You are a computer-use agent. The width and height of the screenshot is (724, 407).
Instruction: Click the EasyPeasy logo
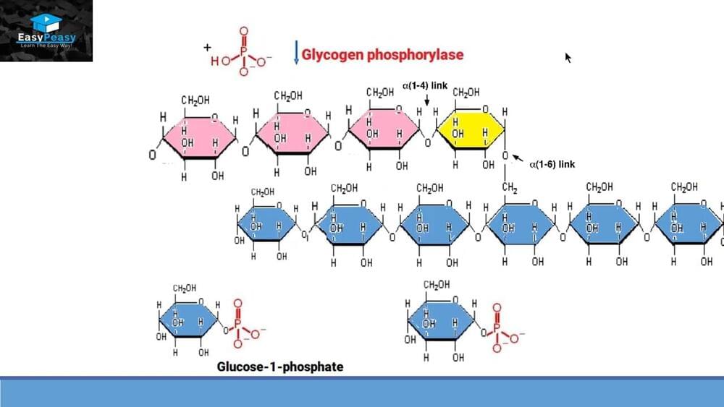[46, 31]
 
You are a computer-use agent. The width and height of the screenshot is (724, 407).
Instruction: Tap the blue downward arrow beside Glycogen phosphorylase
[296, 53]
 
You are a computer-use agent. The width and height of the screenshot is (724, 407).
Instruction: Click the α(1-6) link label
[552, 164]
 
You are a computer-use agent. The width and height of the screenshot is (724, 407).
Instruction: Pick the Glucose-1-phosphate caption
[280, 367]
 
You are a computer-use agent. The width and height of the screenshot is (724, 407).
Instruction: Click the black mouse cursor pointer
[568, 57]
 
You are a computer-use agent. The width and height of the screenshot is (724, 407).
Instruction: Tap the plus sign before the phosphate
[207, 47]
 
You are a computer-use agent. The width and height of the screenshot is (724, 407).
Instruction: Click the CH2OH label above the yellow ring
[466, 93]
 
